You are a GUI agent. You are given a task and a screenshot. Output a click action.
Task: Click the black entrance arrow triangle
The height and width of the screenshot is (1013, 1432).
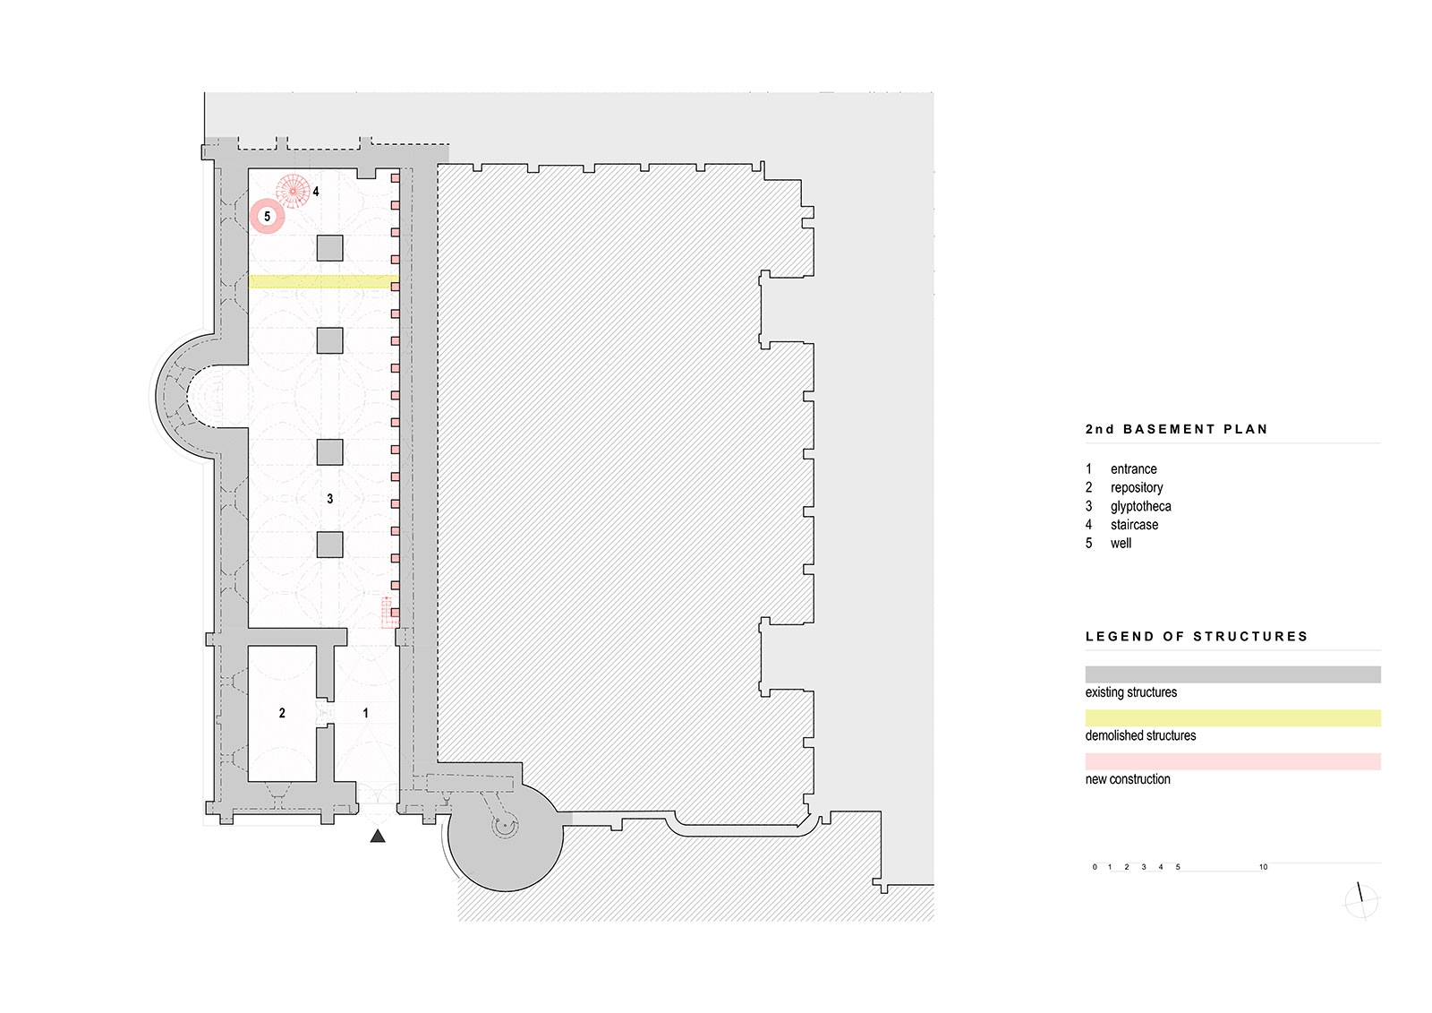(378, 836)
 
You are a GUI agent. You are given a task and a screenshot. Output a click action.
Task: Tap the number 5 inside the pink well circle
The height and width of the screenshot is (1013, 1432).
(268, 216)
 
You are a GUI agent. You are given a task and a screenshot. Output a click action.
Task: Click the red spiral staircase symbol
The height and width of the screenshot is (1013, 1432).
(293, 191)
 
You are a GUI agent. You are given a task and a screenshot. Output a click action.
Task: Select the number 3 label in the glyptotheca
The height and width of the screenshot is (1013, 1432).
(330, 499)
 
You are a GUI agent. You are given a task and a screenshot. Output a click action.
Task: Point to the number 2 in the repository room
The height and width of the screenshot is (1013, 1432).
(282, 713)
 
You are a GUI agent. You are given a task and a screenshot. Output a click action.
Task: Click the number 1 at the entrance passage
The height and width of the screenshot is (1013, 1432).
(366, 713)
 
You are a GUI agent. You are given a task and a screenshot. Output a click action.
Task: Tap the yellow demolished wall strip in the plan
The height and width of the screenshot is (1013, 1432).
(323, 281)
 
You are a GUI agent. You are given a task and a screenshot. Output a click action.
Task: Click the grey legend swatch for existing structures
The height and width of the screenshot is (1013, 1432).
(1232, 674)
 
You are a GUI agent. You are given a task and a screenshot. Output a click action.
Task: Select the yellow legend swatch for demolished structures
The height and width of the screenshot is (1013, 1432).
(1232, 718)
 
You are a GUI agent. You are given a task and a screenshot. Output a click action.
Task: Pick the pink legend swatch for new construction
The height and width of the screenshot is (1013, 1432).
(1232, 761)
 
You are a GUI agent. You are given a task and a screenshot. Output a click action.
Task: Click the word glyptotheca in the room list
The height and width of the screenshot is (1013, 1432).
(1140, 507)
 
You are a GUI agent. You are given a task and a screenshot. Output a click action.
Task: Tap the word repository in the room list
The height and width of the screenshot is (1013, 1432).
(1137, 488)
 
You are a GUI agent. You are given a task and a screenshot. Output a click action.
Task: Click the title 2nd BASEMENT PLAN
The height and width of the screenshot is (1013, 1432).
(1177, 429)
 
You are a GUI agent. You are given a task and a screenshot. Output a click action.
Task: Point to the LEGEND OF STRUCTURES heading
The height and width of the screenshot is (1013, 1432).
(1197, 637)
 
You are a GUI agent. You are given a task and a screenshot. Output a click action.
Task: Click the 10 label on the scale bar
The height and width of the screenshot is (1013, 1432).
(1263, 867)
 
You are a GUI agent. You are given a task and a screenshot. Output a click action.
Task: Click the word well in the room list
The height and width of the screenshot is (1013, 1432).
(1121, 544)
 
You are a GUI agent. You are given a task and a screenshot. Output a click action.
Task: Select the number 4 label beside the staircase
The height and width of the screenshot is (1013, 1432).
(316, 192)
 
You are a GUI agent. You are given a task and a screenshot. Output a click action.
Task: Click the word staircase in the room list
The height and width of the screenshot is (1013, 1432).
(1134, 525)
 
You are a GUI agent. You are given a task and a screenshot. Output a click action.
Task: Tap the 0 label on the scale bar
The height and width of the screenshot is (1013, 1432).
(1095, 867)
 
